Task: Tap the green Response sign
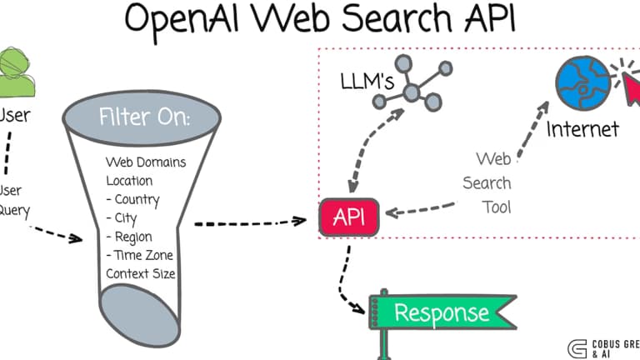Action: [x=441, y=312]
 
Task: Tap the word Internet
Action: [x=582, y=128]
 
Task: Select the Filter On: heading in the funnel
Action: [x=144, y=117]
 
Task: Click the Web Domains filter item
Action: [x=146, y=162]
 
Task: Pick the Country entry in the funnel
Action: [x=133, y=199]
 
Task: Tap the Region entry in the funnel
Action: [x=130, y=237]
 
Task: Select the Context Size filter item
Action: [x=140, y=273]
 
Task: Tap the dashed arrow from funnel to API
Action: [x=250, y=222]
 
